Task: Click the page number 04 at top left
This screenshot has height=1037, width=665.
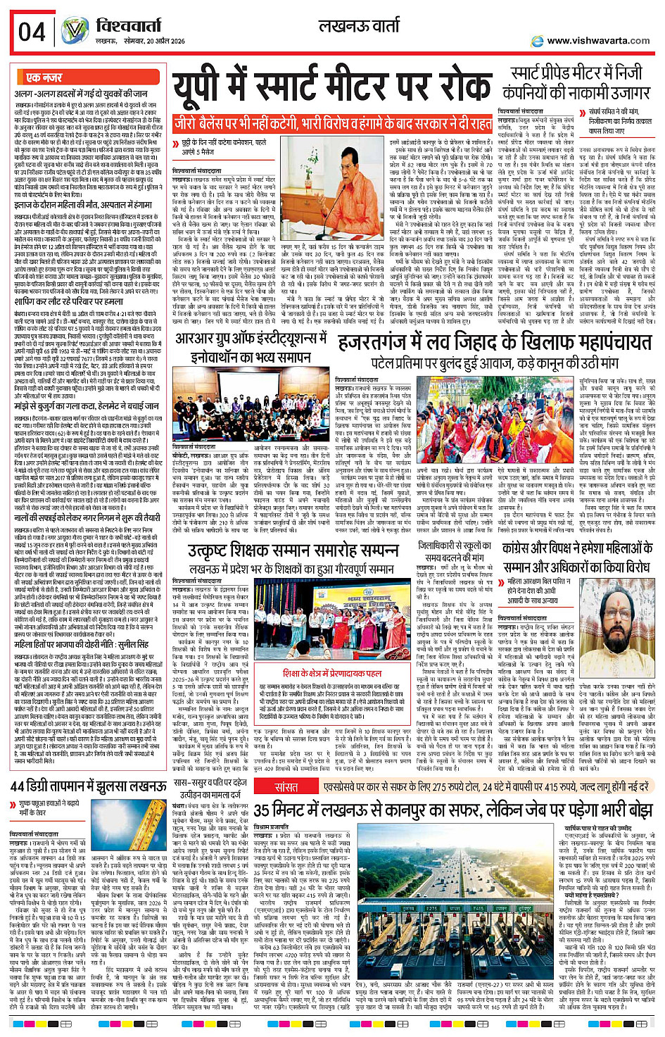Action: pyautogui.click(x=32, y=32)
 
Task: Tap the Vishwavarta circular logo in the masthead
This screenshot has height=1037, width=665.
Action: pyautogui.click(x=74, y=32)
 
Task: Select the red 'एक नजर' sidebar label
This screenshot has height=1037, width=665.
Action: pyautogui.click(x=44, y=77)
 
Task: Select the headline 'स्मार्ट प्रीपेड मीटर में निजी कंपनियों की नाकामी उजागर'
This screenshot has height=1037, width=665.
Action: pyautogui.click(x=576, y=82)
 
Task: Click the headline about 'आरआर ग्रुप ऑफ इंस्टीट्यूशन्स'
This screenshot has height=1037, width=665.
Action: pyautogui.click(x=252, y=348)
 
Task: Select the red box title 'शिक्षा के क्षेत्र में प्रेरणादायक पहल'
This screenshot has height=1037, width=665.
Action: pyautogui.click(x=332, y=673)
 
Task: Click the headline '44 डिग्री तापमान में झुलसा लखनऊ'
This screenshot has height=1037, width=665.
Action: pyautogui.click(x=88, y=786)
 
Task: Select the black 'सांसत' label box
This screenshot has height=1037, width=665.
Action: pyautogui.click(x=286, y=786)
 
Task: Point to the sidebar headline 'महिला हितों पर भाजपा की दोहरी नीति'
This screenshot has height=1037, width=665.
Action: pyautogui.click(x=82, y=643)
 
